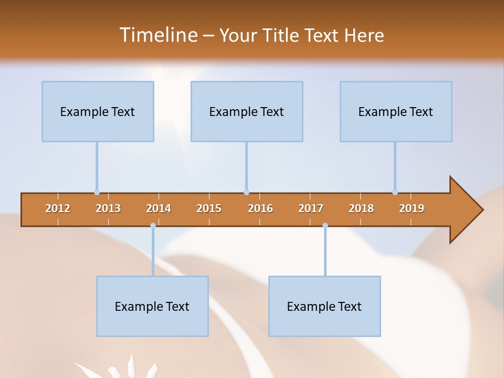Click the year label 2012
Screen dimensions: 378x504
click(x=58, y=208)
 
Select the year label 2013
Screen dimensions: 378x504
click(x=108, y=208)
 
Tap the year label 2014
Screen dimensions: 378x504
click(x=159, y=208)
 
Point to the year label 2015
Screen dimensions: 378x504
click(x=209, y=208)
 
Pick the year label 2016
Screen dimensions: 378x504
click(x=260, y=208)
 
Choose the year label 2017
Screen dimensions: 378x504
click(x=311, y=208)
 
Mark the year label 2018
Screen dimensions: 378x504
click(x=361, y=208)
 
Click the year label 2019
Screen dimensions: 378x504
click(x=412, y=208)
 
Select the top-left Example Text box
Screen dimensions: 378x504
click(x=98, y=112)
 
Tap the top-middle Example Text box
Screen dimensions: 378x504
click(x=247, y=112)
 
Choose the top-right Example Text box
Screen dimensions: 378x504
click(x=396, y=112)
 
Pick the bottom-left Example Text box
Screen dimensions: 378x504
click(x=152, y=307)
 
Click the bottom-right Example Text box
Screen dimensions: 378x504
click(x=324, y=307)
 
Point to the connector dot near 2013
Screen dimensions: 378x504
click(x=97, y=193)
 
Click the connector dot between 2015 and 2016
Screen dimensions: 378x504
click(x=246, y=193)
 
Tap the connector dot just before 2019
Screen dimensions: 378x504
click(x=395, y=193)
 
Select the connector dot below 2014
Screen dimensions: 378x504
click(x=153, y=226)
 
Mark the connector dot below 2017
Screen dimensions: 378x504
click(x=325, y=226)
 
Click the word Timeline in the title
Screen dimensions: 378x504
click(x=157, y=35)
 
